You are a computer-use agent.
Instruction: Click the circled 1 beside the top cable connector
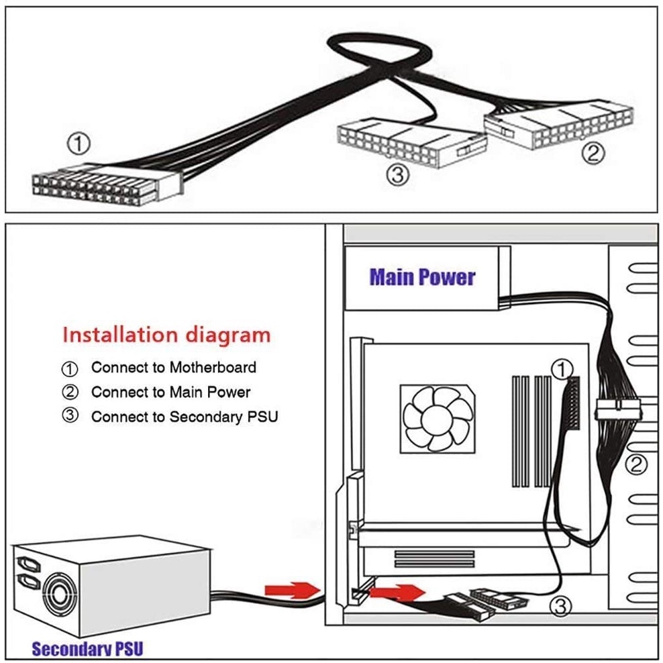click(x=79, y=143)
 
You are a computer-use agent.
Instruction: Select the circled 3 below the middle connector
click(x=397, y=175)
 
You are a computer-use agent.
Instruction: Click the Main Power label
click(x=422, y=277)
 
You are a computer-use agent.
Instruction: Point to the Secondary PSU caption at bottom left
click(x=87, y=648)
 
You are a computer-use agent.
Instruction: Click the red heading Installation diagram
click(x=166, y=334)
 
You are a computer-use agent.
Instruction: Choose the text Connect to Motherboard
click(x=174, y=367)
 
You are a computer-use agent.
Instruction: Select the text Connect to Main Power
click(x=170, y=392)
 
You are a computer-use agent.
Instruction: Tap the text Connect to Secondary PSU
click(x=185, y=417)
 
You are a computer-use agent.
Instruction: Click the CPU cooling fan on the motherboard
click(x=436, y=419)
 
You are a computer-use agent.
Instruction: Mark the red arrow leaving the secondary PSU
click(x=290, y=590)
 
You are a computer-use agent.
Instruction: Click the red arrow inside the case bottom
click(x=398, y=592)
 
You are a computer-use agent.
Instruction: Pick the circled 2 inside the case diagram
click(x=635, y=463)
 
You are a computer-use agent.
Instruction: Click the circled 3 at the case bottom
click(x=560, y=607)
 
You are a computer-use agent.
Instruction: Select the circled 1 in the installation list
click(x=70, y=368)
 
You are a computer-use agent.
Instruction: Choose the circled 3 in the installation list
click(x=70, y=417)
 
